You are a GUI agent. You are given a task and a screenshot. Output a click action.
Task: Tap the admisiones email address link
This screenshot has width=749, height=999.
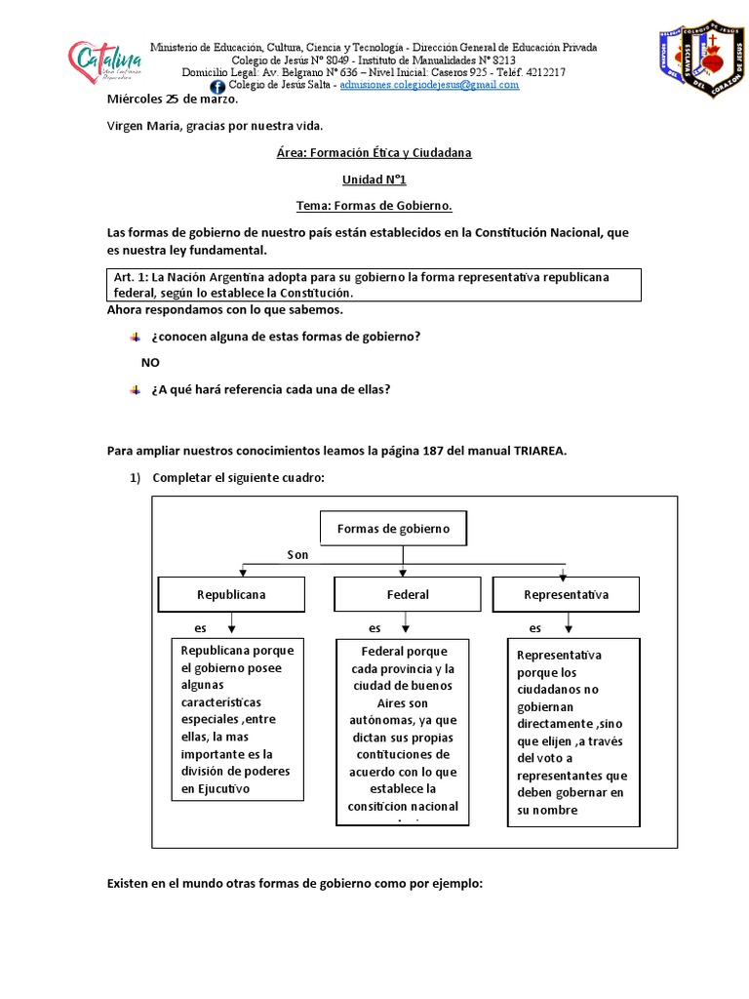[429, 85]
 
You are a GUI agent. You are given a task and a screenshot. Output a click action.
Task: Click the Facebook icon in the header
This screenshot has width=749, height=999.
[217, 87]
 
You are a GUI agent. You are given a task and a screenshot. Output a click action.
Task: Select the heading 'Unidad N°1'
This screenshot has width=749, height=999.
[374, 180]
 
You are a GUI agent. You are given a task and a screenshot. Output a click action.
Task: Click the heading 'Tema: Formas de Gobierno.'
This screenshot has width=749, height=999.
[374, 206]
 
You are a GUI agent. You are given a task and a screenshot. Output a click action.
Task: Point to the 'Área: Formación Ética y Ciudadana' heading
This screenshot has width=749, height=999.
[374, 154]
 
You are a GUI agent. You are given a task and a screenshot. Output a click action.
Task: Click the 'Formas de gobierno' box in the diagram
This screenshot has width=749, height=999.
[393, 529]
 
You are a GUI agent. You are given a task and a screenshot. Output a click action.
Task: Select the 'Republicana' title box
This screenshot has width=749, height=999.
[231, 594]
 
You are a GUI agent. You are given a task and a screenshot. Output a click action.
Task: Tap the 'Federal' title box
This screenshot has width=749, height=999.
[408, 594]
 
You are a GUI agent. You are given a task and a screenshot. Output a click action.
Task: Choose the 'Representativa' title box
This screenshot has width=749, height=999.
[567, 594]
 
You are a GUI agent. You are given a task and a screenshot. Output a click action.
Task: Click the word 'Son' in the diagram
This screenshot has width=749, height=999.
[297, 555]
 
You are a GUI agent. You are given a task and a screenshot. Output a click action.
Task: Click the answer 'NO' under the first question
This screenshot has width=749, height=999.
[150, 362]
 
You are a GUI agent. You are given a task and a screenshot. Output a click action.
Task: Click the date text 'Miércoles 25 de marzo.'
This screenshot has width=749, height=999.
[172, 100]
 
